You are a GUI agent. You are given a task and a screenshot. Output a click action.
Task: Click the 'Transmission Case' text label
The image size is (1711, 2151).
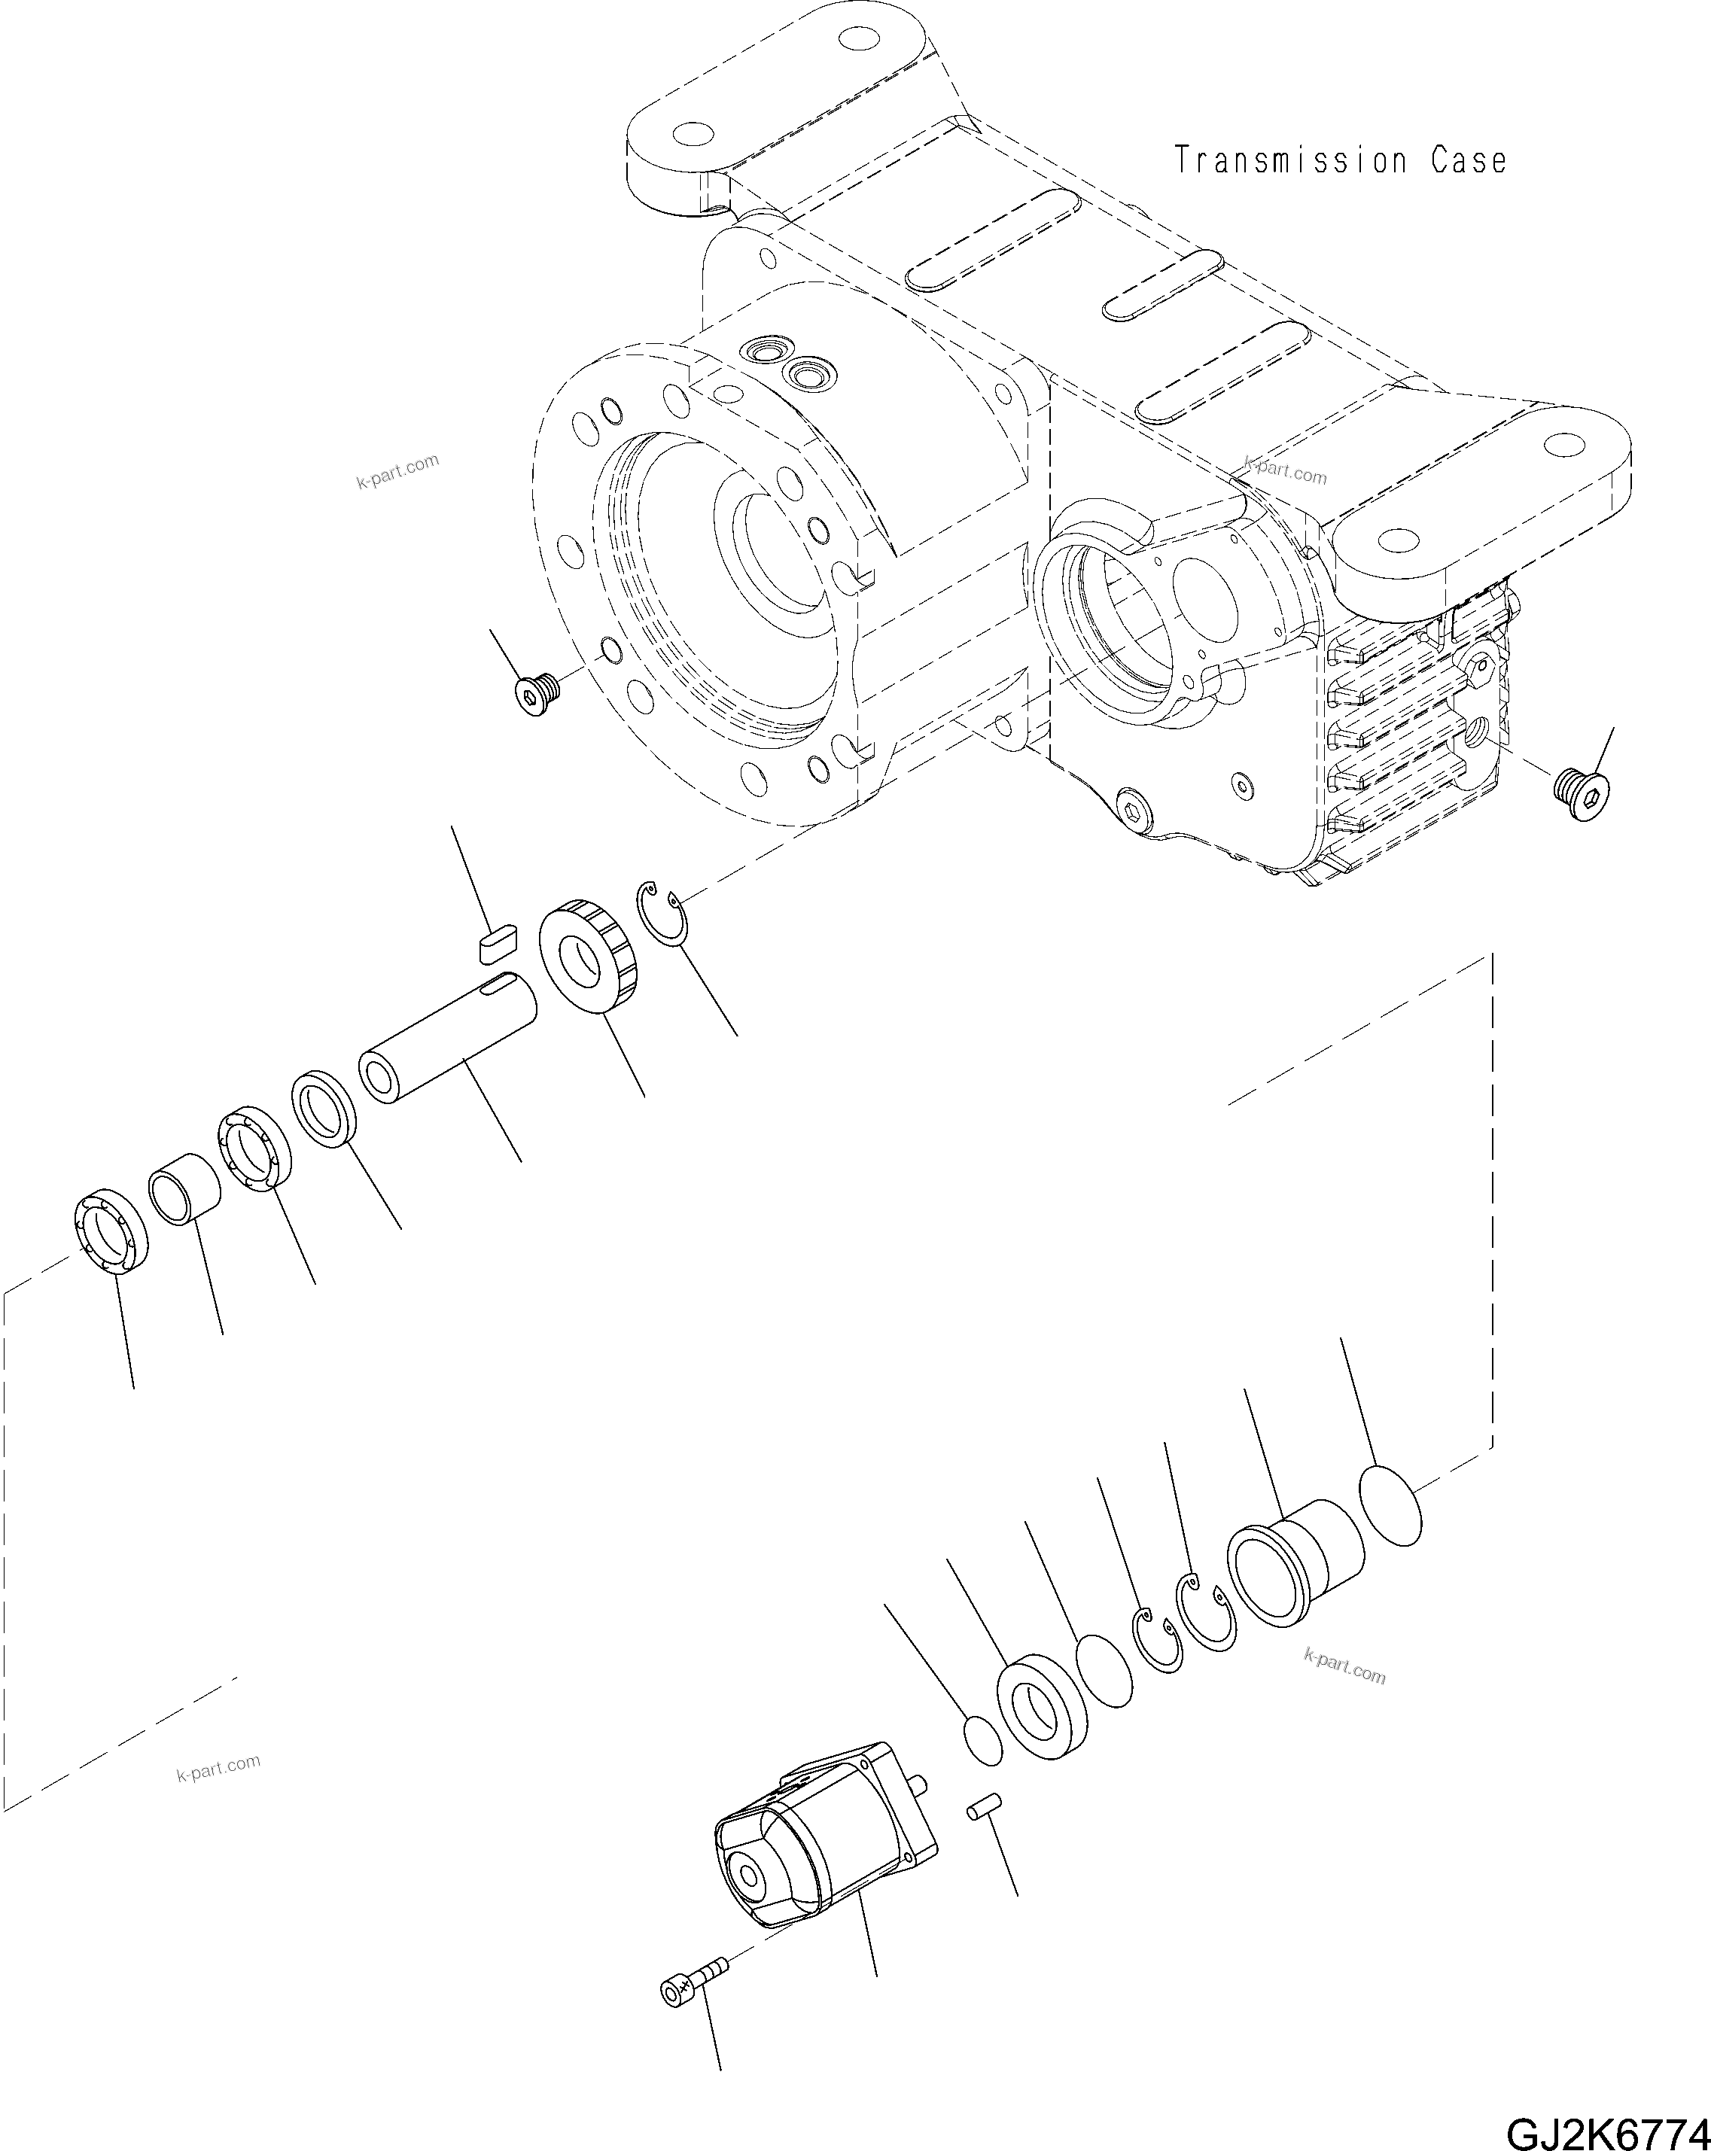click(1340, 160)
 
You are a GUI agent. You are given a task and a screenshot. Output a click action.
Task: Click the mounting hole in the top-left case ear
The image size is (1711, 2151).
click(690, 135)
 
